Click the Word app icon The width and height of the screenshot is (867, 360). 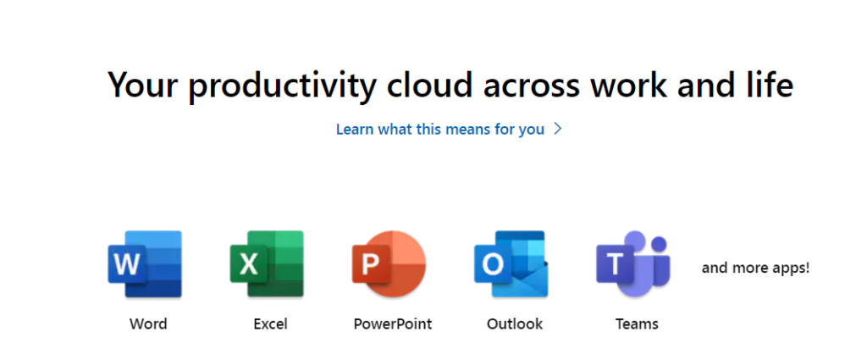145,263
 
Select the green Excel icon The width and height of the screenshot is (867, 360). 267,263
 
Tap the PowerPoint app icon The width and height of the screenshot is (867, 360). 389,263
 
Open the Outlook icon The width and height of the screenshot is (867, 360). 511,263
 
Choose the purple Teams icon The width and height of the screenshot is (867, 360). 633,263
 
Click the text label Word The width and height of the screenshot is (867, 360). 148,324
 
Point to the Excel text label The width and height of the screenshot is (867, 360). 270,324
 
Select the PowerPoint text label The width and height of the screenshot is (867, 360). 393,324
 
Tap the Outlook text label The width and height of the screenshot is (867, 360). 515,324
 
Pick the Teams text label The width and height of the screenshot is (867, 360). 637,324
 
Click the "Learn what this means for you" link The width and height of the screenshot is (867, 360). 440,130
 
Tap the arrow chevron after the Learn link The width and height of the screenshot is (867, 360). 558,130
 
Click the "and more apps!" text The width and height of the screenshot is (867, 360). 756,269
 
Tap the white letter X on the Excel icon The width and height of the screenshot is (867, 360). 248,265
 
